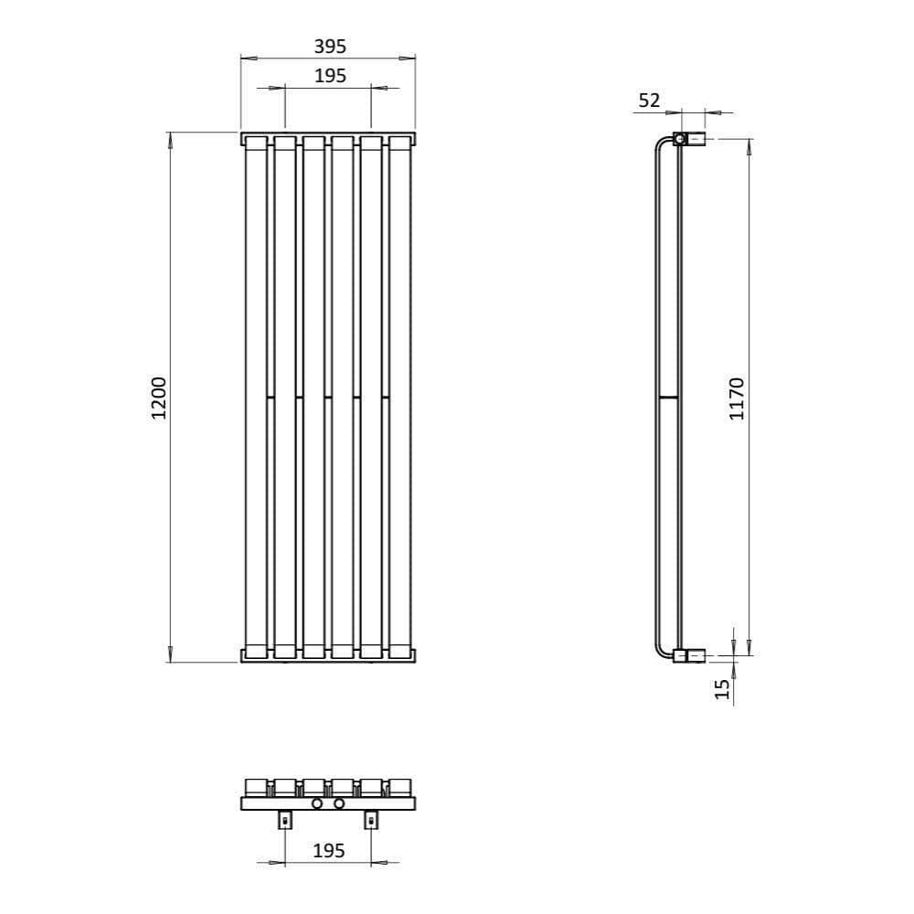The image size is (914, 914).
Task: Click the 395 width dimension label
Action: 330,46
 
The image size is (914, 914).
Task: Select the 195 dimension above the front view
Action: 330,76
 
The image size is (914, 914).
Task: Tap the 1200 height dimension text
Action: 159,397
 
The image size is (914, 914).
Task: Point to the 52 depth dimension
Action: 649,101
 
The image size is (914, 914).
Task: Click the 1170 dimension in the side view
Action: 738,397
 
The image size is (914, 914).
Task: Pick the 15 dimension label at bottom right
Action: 723,688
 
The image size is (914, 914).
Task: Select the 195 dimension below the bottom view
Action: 329,850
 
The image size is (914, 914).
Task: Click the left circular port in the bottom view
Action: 317,803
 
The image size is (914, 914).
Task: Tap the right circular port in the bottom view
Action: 339,803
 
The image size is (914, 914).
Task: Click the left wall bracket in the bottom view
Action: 285,819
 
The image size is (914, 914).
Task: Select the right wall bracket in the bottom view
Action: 370,819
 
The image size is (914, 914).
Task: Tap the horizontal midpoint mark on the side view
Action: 668,398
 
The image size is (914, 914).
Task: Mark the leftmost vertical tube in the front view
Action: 256,397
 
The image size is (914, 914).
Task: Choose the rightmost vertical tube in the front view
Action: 399,397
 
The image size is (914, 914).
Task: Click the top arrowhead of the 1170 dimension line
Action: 749,144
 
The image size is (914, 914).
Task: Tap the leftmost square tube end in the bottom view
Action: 255,786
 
